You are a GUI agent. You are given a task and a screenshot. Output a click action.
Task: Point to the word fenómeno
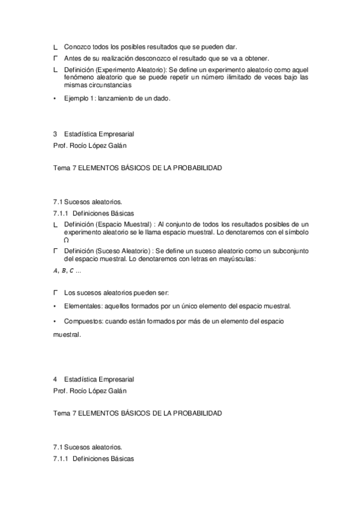point(76,78)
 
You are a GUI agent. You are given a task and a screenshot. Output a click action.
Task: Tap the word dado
point(162,99)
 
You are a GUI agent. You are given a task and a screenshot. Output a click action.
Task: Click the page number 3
point(55,135)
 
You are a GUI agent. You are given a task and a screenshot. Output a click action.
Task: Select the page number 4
point(55,379)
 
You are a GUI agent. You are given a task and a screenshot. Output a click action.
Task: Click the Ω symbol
point(65,239)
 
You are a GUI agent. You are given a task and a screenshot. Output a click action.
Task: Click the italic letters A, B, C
point(64,271)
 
